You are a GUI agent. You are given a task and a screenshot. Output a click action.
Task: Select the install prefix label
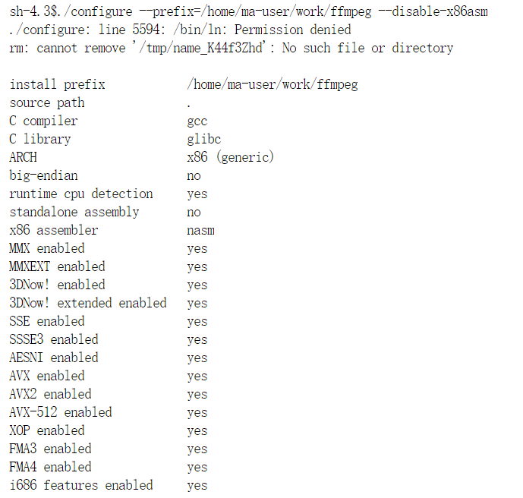tap(57, 84)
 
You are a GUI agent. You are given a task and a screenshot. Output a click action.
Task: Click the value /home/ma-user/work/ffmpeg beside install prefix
tap(272, 84)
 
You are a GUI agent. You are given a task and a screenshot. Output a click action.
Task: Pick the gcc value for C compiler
tap(197, 121)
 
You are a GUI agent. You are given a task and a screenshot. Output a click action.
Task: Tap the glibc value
tap(203, 139)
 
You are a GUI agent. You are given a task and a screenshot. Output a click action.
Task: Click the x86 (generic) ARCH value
tap(230, 157)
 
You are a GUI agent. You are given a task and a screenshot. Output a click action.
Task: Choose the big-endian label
tap(43, 175)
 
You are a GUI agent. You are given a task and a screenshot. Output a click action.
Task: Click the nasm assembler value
tap(200, 230)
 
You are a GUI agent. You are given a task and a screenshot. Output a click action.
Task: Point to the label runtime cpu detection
tap(80, 194)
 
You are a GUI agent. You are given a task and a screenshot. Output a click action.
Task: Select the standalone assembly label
tap(74, 212)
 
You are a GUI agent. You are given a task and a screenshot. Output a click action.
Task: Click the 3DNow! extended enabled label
tap(87, 303)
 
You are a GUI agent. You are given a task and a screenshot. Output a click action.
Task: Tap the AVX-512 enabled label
tap(60, 412)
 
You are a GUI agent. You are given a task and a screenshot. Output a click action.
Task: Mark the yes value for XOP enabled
tap(197, 431)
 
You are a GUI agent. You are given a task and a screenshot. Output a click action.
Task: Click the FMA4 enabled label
tap(50, 467)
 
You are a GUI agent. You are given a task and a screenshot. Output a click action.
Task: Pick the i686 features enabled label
tap(80, 485)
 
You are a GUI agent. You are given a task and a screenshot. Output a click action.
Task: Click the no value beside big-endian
tap(194, 176)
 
